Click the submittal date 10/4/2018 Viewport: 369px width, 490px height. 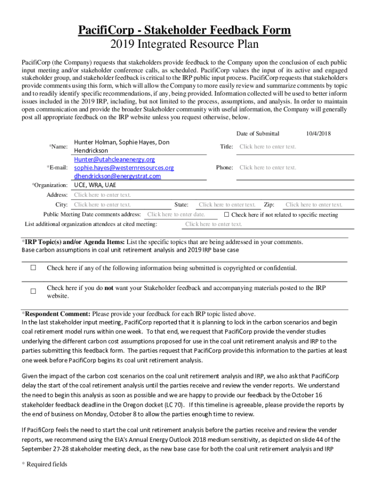tap(318, 134)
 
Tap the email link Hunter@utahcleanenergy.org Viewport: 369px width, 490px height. tap(114, 159)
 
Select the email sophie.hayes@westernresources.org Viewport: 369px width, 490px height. tap(124, 168)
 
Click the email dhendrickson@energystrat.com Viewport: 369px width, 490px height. tap(117, 176)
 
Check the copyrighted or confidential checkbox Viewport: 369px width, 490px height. tap(34, 268)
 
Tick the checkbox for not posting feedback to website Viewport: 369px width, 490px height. tap(34, 291)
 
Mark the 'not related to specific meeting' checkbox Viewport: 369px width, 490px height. tap(227, 215)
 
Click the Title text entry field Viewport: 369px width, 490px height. tap(268, 147)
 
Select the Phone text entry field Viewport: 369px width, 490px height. tap(268, 167)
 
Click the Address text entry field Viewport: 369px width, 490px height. tap(103, 195)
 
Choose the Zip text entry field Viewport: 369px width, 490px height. tap(314, 205)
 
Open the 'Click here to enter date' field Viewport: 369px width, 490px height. tap(176, 215)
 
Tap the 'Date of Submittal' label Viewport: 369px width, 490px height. tap(258, 134)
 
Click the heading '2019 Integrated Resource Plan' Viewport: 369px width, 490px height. tap(184, 45)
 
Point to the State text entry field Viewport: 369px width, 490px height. tap(227, 205)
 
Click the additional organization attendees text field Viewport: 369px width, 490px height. tap(214, 224)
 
